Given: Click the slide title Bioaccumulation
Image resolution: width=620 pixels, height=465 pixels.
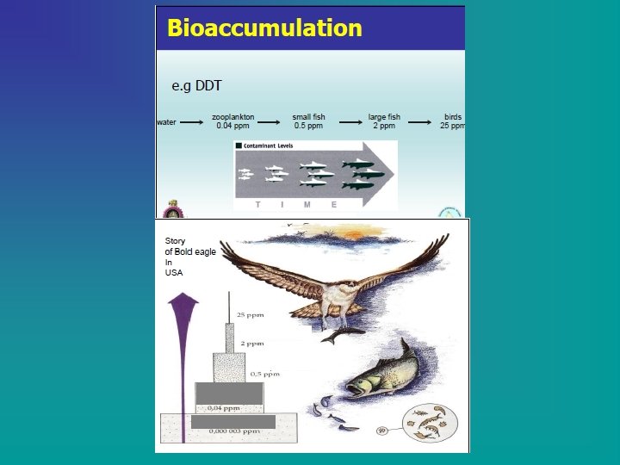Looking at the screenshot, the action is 264,28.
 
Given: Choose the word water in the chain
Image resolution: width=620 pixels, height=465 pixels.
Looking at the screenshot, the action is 166,122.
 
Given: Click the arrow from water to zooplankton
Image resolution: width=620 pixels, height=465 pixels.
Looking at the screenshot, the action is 191,122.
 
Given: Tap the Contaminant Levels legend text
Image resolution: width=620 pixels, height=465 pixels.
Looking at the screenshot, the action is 270,146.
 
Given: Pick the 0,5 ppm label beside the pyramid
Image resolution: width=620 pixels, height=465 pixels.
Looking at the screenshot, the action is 264,374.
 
